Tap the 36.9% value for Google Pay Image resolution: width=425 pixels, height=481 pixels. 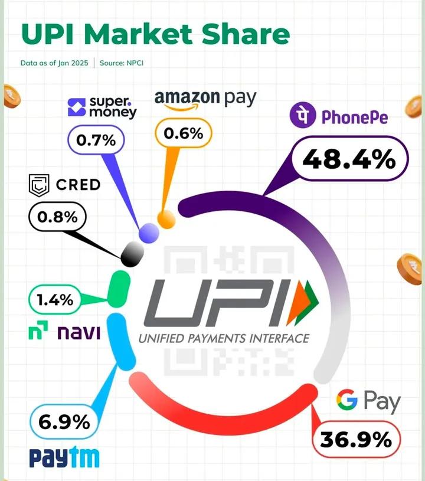(356, 439)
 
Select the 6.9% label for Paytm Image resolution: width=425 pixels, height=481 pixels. (64, 422)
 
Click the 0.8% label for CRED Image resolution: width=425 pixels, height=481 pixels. (57, 217)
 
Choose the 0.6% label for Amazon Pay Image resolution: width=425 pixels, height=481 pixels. (183, 133)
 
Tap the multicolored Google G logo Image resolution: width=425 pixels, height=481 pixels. (348, 400)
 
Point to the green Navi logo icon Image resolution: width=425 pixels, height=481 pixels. (38, 333)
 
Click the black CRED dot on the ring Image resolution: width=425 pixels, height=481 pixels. (132, 254)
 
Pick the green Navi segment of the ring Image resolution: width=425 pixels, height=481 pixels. (120, 287)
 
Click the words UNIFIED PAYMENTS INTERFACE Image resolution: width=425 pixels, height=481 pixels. (224, 338)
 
